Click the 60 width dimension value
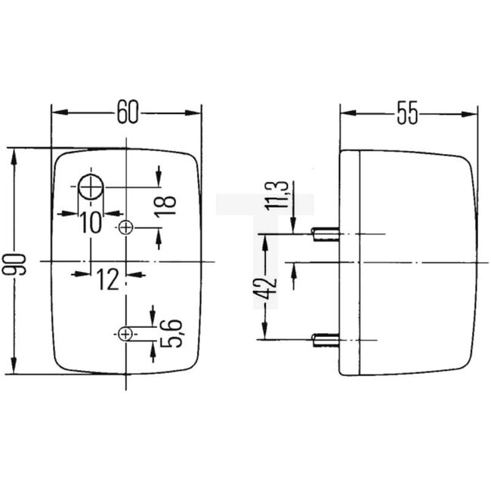[x=127, y=113]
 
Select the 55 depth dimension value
[x=408, y=113]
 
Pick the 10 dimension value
[x=91, y=221]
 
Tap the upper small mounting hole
[x=126, y=227]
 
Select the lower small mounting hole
[x=125, y=333]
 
